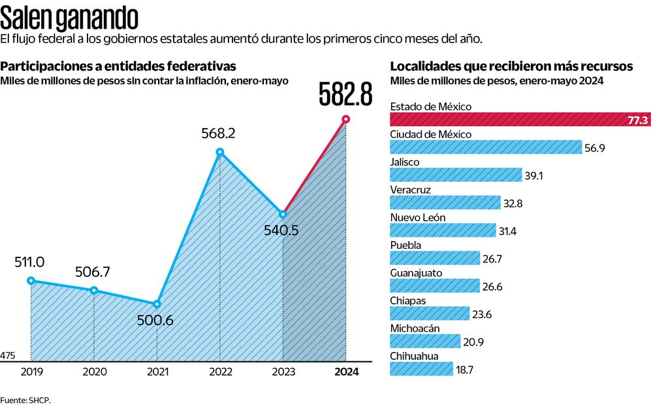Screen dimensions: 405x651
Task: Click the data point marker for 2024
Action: click(x=345, y=119)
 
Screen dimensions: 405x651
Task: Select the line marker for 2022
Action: click(x=220, y=152)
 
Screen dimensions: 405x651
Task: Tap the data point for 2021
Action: click(x=157, y=304)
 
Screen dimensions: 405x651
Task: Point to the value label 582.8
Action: click(x=345, y=94)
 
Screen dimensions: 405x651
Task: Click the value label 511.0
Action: click(x=29, y=262)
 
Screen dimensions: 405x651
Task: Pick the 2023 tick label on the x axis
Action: click(x=283, y=372)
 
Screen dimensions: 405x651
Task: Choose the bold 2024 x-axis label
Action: click(x=345, y=372)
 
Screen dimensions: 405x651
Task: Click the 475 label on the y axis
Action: click(x=8, y=355)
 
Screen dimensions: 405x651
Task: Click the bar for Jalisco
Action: click(x=456, y=175)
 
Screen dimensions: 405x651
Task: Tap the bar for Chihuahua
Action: click(x=421, y=369)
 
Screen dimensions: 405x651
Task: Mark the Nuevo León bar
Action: click(x=443, y=231)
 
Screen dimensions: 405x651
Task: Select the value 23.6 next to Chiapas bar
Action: click(x=482, y=314)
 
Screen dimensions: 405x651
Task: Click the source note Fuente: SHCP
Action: click(x=25, y=399)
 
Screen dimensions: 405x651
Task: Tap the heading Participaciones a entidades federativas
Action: click(x=118, y=66)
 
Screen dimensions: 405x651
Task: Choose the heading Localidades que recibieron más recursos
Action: click(x=511, y=66)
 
